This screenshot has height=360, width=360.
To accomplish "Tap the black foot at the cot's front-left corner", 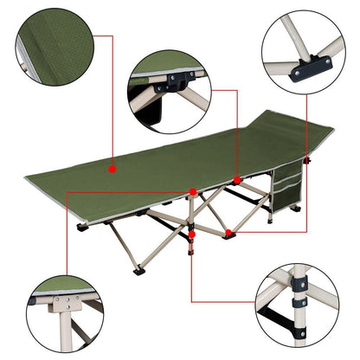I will click(x=81, y=228).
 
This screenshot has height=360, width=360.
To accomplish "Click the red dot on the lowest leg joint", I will click(x=191, y=234).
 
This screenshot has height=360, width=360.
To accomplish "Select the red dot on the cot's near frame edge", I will click(x=192, y=190).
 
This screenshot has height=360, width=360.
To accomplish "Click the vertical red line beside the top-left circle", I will click(x=113, y=95).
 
